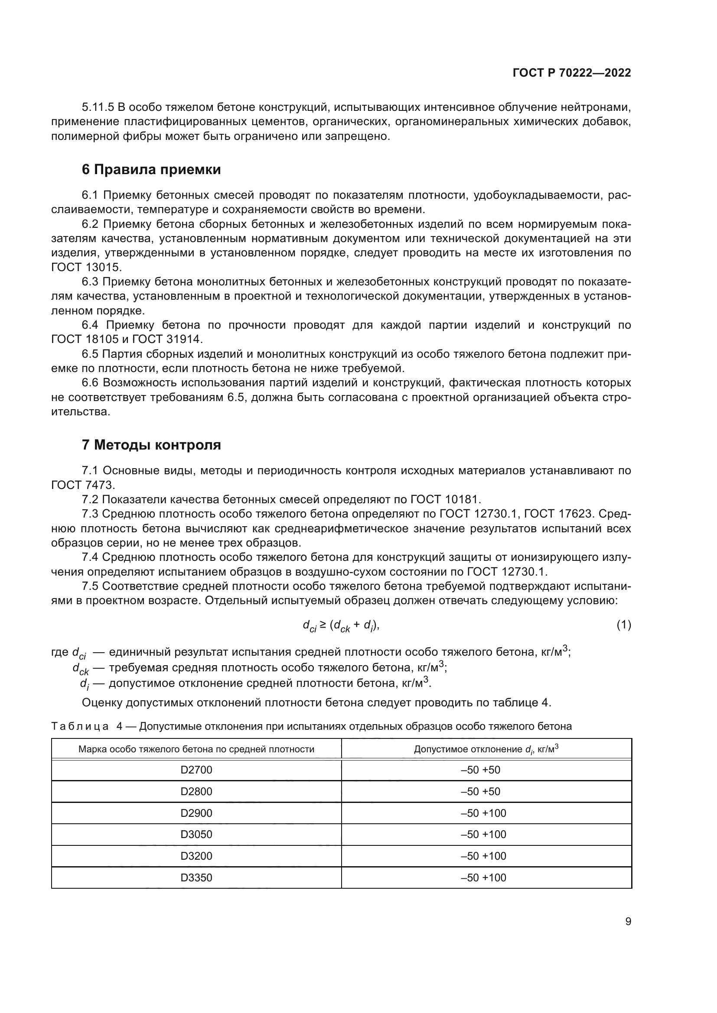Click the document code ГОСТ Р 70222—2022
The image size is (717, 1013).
(572, 73)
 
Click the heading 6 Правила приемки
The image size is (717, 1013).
(151, 169)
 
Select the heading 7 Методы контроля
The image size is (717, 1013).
(151, 445)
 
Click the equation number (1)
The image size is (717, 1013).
(623, 625)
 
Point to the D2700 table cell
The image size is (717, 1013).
(196, 770)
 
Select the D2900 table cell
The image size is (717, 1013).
(196, 813)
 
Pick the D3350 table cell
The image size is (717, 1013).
(196, 877)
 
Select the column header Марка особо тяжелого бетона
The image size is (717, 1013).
(196, 749)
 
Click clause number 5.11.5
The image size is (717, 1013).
(98, 107)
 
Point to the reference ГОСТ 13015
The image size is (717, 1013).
(86, 267)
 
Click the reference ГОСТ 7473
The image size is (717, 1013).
(82, 485)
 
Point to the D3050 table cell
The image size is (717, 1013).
(196, 834)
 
